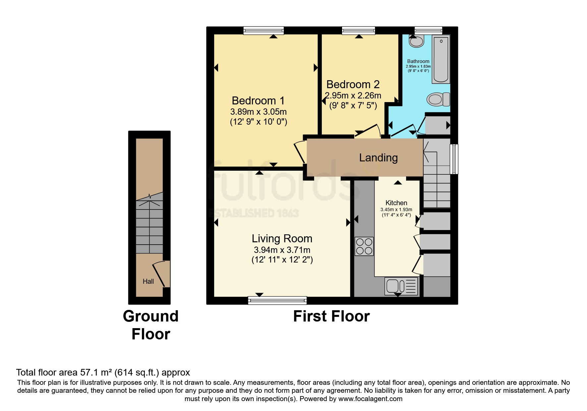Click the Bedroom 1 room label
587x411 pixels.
(x=258, y=100)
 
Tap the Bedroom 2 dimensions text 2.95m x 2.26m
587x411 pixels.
(x=353, y=96)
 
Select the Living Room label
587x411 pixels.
(x=282, y=239)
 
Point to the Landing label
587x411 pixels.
(x=378, y=157)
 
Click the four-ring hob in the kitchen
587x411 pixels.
(x=364, y=246)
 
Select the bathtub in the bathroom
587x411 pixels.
(x=441, y=60)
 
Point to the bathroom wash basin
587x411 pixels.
(x=416, y=41)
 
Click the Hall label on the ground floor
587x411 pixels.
(x=148, y=281)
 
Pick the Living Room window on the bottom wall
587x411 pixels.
(x=277, y=301)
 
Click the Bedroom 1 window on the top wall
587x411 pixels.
(x=264, y=31)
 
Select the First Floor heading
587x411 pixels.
(x=331, y=316)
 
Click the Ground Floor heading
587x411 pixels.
(x=151, y=325)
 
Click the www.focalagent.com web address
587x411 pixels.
(x=370, y=399)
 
